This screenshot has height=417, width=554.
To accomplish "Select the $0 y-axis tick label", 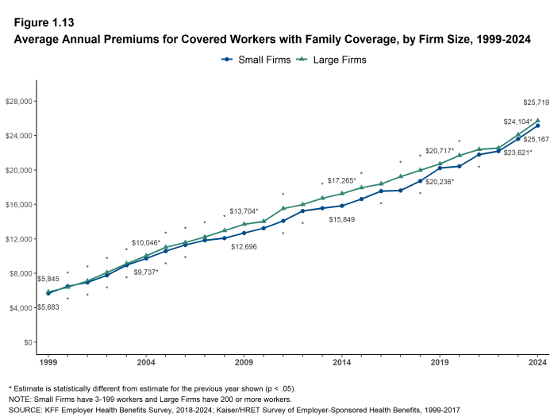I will pos(27,342).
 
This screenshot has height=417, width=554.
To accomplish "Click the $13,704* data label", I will pos(244,211).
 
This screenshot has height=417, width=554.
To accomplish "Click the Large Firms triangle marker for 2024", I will pos(537,121).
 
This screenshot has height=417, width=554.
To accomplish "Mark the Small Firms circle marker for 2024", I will pos(537,125).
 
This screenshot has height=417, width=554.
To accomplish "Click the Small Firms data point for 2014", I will pos(342,206).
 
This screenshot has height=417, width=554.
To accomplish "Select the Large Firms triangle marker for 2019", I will pos(440,164).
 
